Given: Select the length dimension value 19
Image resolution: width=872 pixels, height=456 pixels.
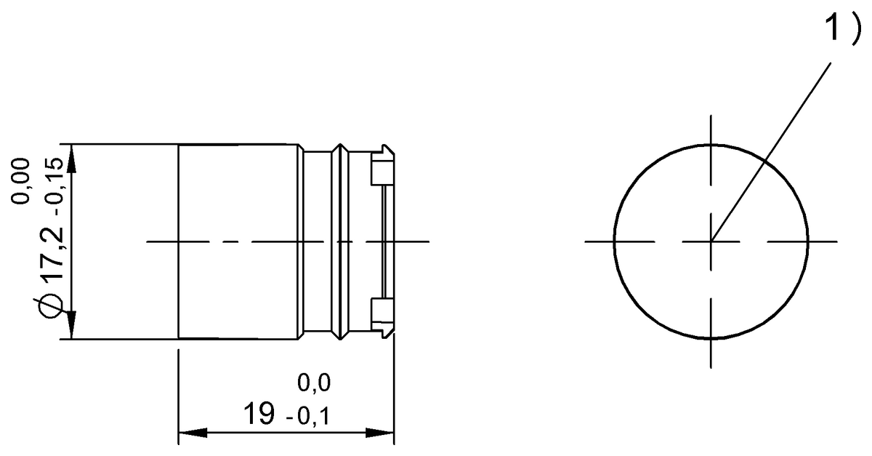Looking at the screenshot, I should tap(259, 415).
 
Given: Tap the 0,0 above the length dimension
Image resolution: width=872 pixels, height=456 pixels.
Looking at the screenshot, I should tap(314, 383).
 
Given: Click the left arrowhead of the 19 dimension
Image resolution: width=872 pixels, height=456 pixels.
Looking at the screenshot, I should tap(193, 433).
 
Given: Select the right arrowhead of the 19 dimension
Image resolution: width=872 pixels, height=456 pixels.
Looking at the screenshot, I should tap(379, 433).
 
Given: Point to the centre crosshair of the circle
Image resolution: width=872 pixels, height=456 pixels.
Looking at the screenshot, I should tap(711, 241).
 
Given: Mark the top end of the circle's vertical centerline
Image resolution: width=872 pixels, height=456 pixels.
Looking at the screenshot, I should tap(711, 116).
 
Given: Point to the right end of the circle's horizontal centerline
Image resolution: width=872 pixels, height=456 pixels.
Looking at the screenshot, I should tap(836, 241).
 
